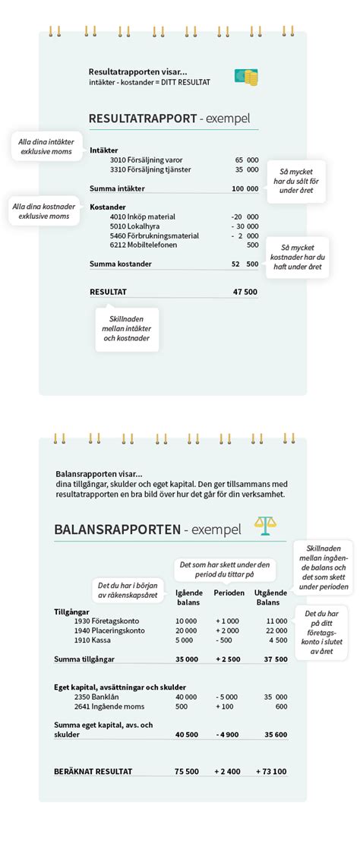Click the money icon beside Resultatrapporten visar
click(x=245, y=77)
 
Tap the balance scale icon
click(x=266, y=526)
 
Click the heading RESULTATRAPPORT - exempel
click(x=169, y=119)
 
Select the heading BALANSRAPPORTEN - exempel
click(x=147, y=529)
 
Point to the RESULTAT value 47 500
click(x=245, y=291)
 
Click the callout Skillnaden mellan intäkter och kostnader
click(x=127, y=328)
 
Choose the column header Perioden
click(x=229, y=593)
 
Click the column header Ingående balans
click(x=188, y=597)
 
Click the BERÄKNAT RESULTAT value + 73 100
click(x=269, y=771)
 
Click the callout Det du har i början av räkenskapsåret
click(x=128, y=590)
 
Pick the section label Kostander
click(x=108, y=207)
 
